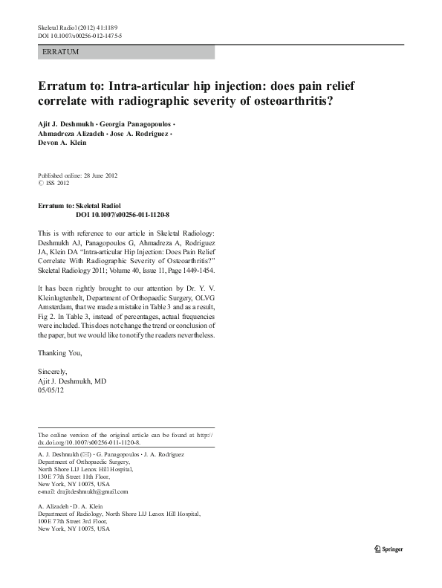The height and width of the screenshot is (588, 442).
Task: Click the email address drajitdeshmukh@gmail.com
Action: [x=82, y=491]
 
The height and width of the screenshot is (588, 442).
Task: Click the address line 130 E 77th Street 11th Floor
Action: [x=79, y=476]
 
